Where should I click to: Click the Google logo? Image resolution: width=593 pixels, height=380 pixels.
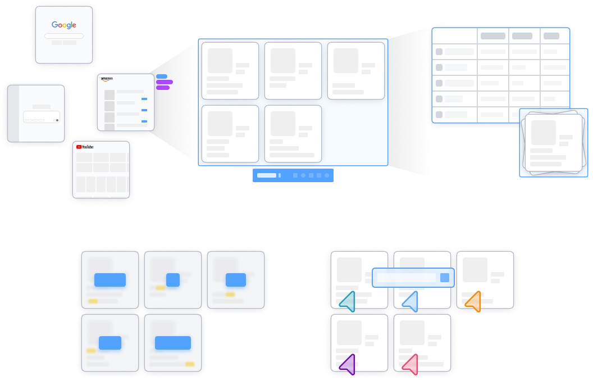63,25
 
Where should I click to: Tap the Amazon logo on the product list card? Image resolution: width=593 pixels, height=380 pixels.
107,79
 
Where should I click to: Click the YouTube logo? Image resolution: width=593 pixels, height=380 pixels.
85,147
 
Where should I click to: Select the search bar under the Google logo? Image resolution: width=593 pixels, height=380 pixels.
63,36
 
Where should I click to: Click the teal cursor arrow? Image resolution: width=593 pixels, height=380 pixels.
348,301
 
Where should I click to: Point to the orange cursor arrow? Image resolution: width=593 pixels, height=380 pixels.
474,301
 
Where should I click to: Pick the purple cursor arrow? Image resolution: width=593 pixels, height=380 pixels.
348,364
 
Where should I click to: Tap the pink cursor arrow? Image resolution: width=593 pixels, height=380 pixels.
411,364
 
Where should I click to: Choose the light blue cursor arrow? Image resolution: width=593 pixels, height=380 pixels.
411,301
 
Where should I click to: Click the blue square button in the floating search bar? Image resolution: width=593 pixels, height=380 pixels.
445,277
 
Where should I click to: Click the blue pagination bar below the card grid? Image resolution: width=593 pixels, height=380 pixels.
294,175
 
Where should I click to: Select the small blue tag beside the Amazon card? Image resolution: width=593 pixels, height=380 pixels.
161,76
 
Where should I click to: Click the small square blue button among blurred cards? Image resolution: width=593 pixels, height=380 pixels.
173,279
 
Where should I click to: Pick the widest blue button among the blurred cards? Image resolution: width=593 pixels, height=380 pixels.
173,342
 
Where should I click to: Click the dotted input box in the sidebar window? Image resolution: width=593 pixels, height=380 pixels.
41,117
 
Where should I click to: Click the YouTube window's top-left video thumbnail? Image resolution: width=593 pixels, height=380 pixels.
84,157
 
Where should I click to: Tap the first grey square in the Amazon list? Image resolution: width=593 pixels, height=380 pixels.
110,95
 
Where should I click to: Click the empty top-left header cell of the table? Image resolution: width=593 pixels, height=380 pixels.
454,35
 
